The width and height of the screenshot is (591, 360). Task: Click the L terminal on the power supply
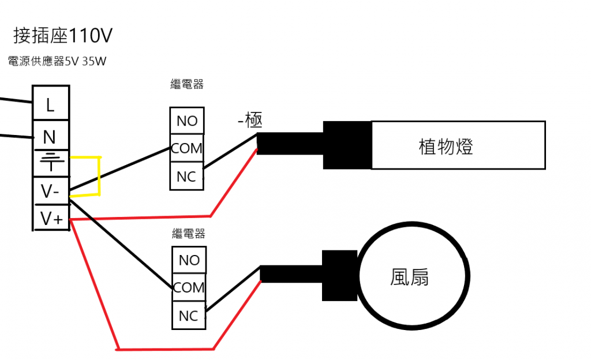point(50,104)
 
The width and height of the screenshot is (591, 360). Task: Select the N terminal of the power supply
point(50,137)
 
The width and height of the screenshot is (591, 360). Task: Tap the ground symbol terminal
point(50,163)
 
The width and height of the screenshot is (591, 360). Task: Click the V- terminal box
point(50,190)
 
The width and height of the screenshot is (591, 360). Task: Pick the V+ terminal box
point(50,218)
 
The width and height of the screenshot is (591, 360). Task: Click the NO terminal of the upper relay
point(187,121)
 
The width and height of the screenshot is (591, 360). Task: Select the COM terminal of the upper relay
point(187,148)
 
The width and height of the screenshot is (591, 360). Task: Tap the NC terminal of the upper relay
point(187,177)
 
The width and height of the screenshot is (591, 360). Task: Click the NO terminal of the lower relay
point(189,260)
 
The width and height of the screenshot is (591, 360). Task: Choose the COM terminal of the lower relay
point(189,287)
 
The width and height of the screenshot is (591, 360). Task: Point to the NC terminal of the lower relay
point(189,316)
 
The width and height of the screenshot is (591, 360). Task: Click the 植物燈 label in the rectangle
point(446,147)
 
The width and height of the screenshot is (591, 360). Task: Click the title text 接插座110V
point(62,36)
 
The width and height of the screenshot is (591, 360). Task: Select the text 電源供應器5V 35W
point(57,61)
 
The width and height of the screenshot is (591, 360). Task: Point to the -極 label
point(250,121)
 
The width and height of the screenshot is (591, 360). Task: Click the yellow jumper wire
point(100,175)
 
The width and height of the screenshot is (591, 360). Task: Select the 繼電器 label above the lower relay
point(189,234)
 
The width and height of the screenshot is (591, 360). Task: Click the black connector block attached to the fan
point(341,276)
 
